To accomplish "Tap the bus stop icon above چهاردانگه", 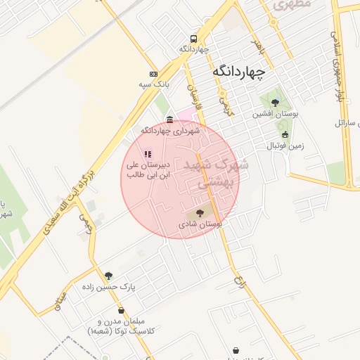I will (193, 39).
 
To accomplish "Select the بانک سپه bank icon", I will (153, 74).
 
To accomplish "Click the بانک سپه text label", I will (155, 84).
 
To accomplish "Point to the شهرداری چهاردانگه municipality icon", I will (172, 120).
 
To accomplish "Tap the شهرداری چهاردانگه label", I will (171, 131).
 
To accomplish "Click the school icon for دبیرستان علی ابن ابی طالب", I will (148, 153).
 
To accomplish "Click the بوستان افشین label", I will (277, 113).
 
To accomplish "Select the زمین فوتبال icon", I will (285, 135).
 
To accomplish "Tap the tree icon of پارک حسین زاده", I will (108, 276).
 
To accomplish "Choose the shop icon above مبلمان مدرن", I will (121, 310).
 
